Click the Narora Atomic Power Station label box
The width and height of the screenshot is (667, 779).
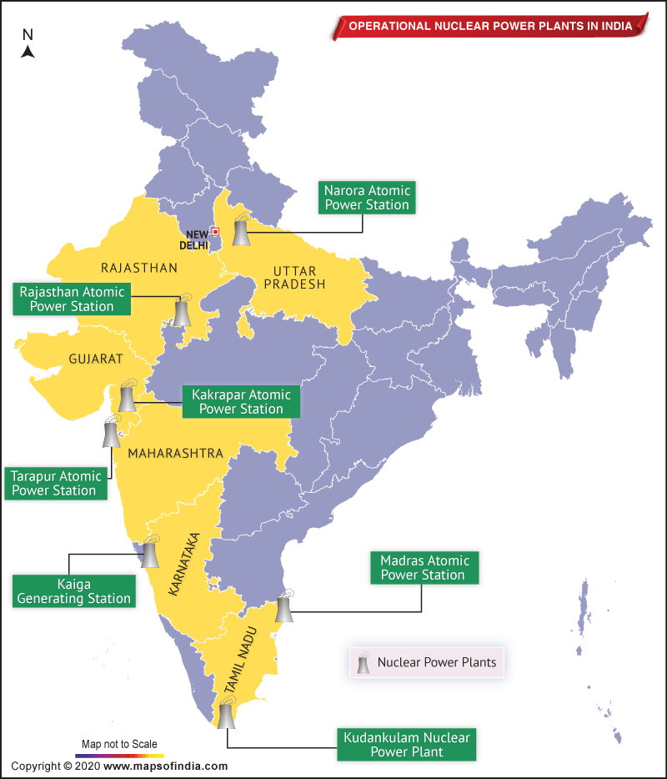click(x=367, y=198)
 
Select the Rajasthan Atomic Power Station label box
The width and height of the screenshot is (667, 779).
click(x=72, y=299)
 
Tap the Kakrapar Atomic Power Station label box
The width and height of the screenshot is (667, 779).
click(x=241, y=402)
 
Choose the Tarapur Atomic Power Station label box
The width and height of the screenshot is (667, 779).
click(x=56, y=484)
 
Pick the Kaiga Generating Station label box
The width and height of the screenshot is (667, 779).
click(x=73, y=591)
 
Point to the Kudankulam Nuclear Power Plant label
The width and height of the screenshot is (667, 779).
click(x=406, y=745)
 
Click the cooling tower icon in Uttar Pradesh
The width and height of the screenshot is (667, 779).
click(x=242, y=231)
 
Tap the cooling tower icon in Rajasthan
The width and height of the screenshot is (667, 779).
click(x=182, y=310)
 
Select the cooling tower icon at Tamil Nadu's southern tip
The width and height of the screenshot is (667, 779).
click(x=226, y=714)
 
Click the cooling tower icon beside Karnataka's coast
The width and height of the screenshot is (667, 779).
click(x=149, y=553)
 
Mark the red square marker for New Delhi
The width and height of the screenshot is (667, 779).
click(x=215, y=232)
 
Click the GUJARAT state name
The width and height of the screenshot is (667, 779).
click(x=96, y=359)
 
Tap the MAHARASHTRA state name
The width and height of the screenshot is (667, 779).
click(x=175, y=453)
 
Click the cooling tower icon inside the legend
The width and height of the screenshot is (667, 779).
click(x=364, y=663)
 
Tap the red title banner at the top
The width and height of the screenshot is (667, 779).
click(x=490, y=26)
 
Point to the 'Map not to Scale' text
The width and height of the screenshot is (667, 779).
click(x=118, y=744)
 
